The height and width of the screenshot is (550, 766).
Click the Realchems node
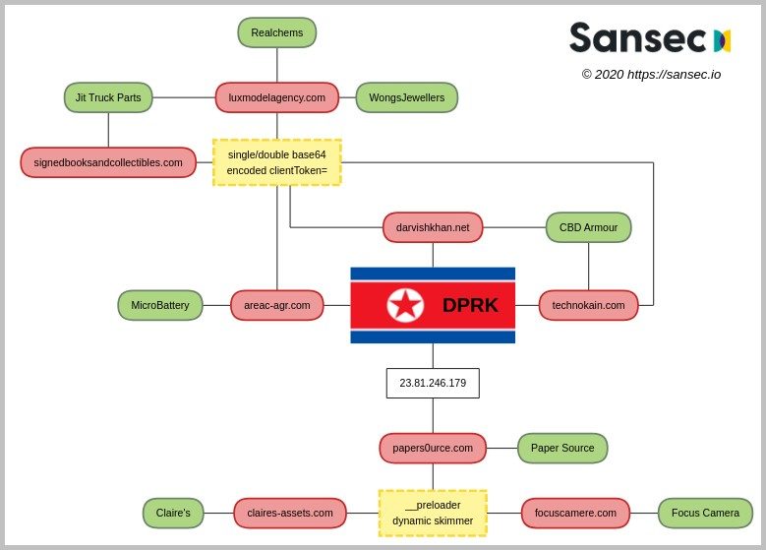(x=276, y=32)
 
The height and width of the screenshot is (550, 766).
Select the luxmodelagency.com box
(x=276, y=97)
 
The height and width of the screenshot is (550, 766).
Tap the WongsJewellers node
(x=406, y=97)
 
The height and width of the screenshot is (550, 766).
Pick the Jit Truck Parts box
(x=108, y=97)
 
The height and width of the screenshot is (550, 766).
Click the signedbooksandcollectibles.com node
(x=108, y=162)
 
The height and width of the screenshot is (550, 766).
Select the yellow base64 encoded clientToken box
(x=276, y=162)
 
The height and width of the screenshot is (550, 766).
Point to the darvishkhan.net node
(x=433, y=227)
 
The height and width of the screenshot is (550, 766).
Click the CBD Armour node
(x=588, y=227)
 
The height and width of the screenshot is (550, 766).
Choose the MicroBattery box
(x=160, y=305)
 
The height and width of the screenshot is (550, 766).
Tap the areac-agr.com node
(x=276, y=305)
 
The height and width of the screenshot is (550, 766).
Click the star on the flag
(x=405, y=305)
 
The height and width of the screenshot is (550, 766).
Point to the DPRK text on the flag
(x=470, y=305)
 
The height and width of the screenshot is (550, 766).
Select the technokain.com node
(x=588, y=305)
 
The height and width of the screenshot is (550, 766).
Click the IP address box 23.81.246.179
(x=433, y=383)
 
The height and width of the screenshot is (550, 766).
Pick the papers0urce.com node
(x=433, y=448)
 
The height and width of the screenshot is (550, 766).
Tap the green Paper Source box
(x=562, y=448)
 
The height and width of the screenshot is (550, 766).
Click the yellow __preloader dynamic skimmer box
(x=433, y=513)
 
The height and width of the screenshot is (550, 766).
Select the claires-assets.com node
(x=289, y=513)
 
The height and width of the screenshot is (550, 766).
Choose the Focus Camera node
(x=705, y=513)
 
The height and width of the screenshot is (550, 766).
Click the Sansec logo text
(x=637, y=38)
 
